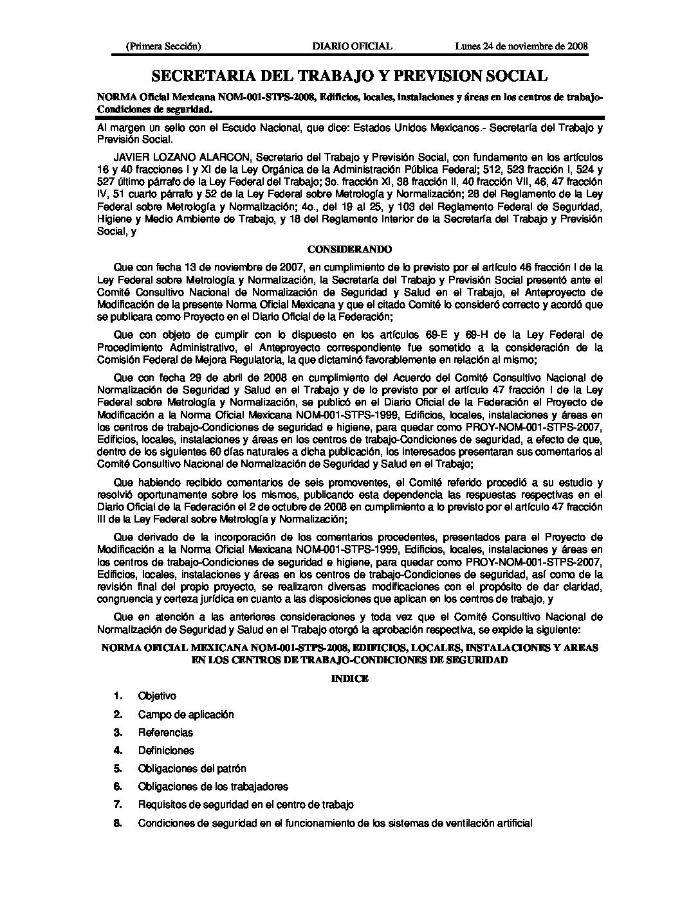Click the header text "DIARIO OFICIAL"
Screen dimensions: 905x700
(352, 46)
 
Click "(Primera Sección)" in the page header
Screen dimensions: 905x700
(163, 46)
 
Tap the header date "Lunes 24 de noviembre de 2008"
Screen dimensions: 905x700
(522, 46)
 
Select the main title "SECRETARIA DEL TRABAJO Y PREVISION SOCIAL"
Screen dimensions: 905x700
(349, 76)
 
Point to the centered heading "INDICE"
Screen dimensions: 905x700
(349, 678)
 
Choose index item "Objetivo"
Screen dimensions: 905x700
(157, 696)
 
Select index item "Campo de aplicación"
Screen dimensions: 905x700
(186, 714)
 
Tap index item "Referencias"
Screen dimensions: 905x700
(165, 732)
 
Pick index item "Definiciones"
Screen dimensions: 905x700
(166, 750)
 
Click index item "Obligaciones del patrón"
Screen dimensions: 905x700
(192, 768)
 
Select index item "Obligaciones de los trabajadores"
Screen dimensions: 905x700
(213, 786)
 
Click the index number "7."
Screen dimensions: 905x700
(118, 804)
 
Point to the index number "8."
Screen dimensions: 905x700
(118, 822)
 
